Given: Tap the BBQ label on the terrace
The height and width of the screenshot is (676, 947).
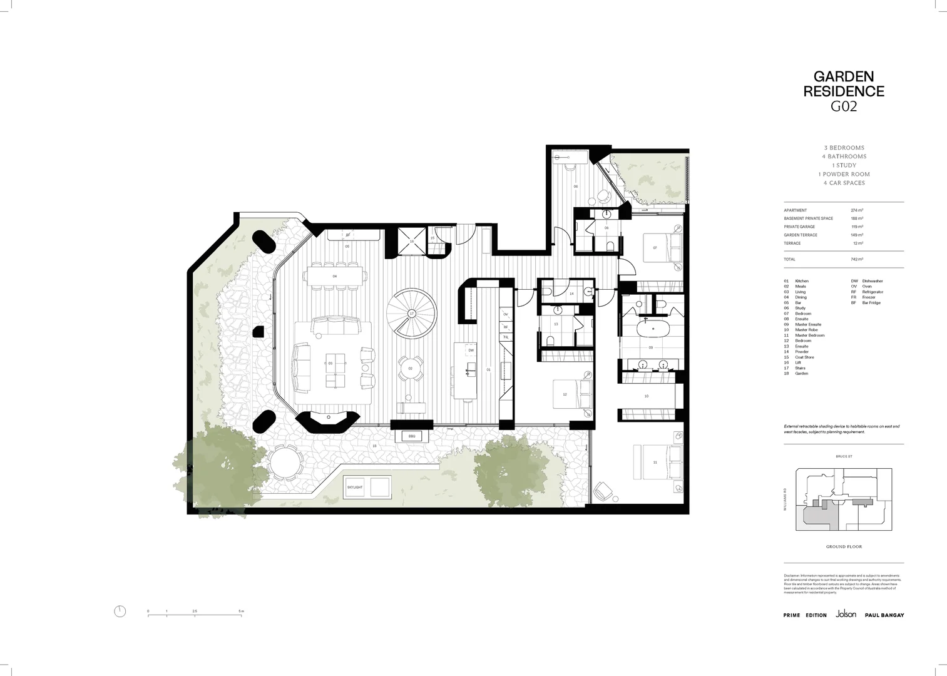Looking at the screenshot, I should [411, 436].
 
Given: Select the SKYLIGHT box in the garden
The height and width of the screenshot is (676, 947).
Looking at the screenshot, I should [355, 487].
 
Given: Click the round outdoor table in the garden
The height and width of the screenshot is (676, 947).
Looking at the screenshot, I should [285, 463].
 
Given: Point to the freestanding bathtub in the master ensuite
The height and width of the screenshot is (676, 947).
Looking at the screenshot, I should [650, 329].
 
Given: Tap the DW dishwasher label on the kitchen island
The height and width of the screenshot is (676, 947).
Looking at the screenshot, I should [471, 351].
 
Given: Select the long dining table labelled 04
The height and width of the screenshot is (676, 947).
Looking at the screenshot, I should [334, 275].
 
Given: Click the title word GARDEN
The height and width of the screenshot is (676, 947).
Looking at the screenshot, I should [843, 77].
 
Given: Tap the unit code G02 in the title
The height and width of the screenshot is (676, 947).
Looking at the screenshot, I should [843, 106].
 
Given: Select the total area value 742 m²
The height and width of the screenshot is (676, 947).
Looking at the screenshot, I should [857, 259].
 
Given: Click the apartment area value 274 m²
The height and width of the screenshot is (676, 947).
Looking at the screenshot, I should [857, 210].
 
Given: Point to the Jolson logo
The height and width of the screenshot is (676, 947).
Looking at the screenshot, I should [846, 615].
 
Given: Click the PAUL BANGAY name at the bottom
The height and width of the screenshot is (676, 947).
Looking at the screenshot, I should [884, 615].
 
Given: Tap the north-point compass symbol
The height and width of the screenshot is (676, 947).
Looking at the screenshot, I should [120, 612].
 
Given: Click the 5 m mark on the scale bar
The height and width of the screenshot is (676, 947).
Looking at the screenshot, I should [241, 611].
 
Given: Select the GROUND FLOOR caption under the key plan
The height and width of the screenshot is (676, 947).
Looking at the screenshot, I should [843, 547].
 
